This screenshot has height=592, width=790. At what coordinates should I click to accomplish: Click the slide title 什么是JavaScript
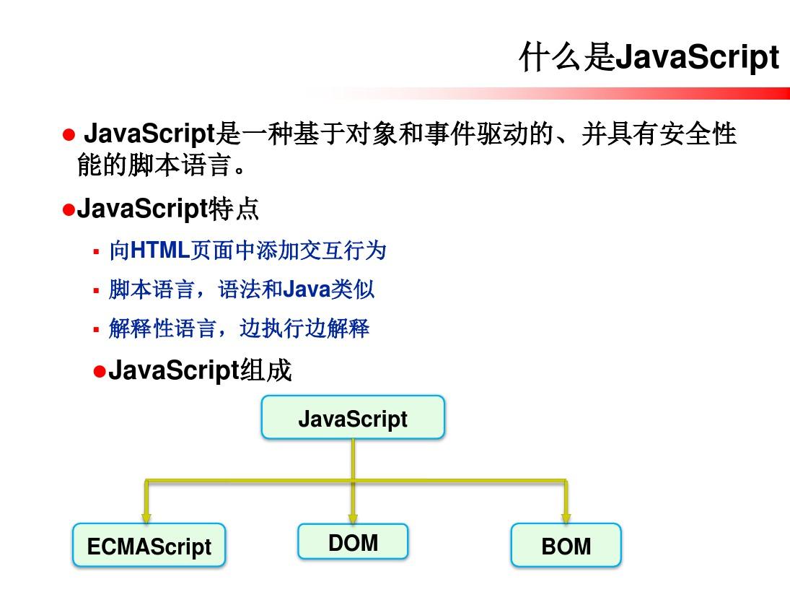point(649,56)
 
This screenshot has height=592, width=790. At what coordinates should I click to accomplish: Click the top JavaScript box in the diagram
point(353,417)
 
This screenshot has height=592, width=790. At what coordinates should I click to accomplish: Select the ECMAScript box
point(149,545)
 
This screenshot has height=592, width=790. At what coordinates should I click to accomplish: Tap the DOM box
point(353,541)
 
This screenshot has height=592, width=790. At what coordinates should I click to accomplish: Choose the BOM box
point(566,545)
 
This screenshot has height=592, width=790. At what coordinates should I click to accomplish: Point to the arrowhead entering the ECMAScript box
point(146,518)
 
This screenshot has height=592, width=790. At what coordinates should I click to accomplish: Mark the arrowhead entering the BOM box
point(566,518)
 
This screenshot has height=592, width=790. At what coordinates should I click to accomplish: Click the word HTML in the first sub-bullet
point(159,250)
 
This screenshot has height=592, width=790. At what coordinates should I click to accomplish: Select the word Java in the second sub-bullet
point(307,290)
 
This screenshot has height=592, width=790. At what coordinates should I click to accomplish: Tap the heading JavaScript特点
point(168,208)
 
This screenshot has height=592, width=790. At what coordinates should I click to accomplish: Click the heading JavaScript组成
point(200,370)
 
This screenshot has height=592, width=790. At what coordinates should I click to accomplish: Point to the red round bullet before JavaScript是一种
point(69,134)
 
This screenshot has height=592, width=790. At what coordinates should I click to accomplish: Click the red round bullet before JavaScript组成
point(100,372)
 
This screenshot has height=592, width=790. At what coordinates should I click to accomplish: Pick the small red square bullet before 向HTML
point(96,251)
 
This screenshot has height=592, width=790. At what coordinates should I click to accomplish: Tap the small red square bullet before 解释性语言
point(96,330)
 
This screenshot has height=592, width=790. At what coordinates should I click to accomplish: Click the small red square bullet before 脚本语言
point(96,290)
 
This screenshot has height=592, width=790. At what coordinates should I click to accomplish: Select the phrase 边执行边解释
point(304,328)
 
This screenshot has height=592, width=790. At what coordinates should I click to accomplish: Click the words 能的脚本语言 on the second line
point(154,165)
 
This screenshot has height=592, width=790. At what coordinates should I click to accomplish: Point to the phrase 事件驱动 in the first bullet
point(476,134)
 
